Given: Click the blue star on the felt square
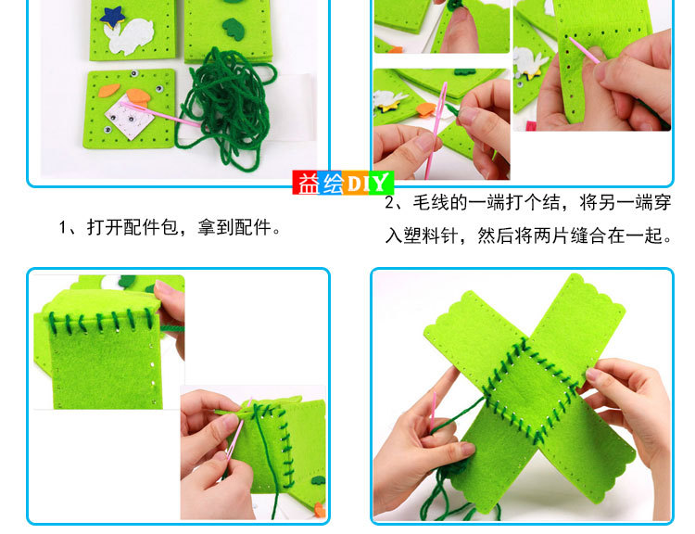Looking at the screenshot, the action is click(112, 16).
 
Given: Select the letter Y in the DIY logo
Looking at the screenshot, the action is click(379, 184).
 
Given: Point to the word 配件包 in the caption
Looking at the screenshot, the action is click(151, 227).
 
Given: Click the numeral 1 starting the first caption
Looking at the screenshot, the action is click(62, 228).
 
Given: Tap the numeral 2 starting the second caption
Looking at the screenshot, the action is click(389, 203).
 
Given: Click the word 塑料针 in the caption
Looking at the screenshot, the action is click(431, 235).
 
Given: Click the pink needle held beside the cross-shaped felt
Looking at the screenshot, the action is click(432, 413).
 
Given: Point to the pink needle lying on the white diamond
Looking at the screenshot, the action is click(159, 113).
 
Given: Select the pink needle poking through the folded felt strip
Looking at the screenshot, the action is click(584, 50).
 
